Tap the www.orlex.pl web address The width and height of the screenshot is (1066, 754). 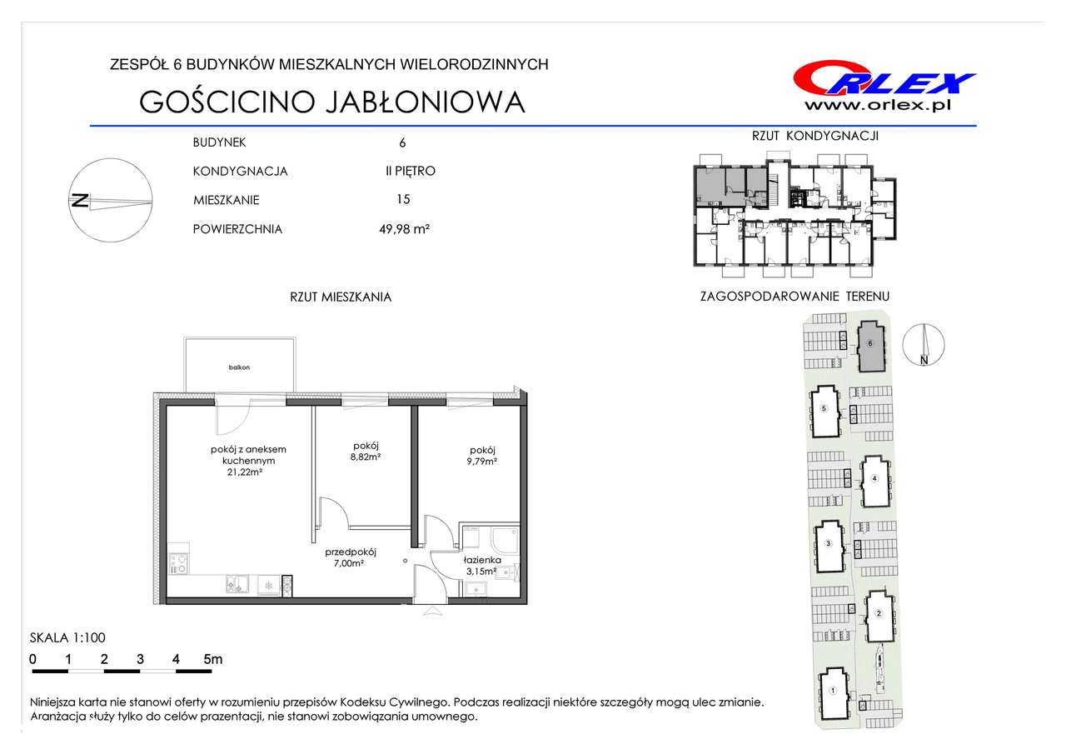coord(878,105)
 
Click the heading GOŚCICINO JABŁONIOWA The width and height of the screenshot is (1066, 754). coord(332,101)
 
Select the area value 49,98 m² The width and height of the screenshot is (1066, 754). coord(404,229)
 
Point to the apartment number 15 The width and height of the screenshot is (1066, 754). coord(403,199)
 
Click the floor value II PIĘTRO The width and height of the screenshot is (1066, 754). coord(411,171)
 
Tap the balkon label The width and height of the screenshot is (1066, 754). coord(239,367)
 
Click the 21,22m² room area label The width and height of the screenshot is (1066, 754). coord(245,472)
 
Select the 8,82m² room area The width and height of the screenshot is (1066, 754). coord(366,457)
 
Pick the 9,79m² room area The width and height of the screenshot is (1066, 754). coord(482,461)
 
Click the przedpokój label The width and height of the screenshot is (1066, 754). coord(351,552)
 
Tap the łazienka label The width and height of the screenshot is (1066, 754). coord(482,560)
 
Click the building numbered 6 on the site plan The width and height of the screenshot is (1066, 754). coord(870,347)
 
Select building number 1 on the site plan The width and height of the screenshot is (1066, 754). coord(833,693)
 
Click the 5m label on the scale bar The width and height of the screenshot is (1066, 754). coord(212,659)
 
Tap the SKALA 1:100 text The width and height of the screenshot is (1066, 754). coord(67,637)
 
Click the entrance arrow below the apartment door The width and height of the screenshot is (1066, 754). coord(432,612)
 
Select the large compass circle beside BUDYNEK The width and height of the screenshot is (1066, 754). coord(111,201)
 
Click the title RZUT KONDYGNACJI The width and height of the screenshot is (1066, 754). coord(815,136)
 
